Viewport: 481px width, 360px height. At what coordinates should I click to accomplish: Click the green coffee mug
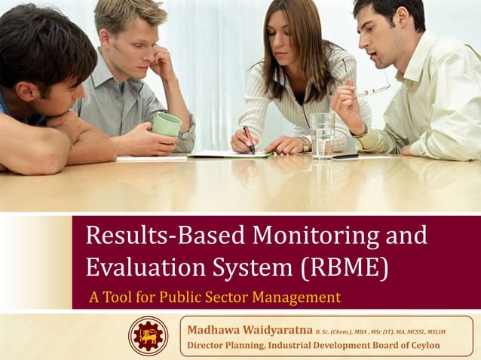coord(167,124)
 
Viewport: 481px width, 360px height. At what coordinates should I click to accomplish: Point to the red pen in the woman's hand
coord(248,140)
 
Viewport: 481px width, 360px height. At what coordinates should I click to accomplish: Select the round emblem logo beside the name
coord(149,336)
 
